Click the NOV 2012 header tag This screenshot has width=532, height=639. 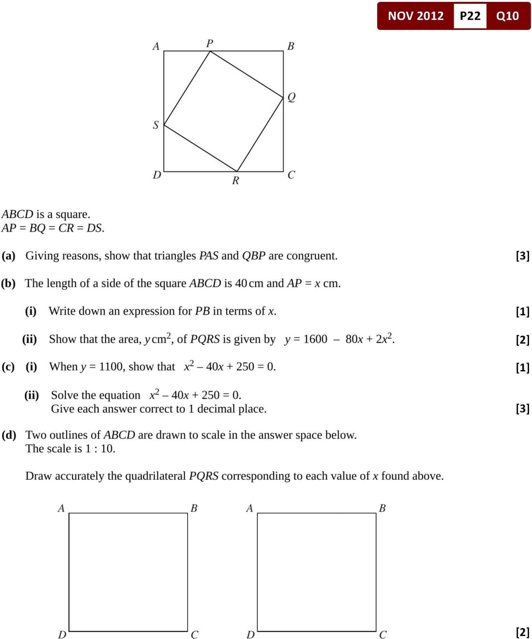tap(415, 16)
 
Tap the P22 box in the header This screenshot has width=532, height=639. tap(470, 16)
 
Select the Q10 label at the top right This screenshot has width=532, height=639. tap(507, 16)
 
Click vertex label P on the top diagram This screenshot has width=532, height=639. tap(209, 44)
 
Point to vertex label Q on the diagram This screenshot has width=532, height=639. tap(291, 97)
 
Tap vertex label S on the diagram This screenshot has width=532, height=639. tap(156, 125)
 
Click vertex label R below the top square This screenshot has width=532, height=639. tap(236, 181)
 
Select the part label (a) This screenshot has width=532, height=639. tap(9, 256)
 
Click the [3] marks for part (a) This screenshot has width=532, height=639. tap(522, 256)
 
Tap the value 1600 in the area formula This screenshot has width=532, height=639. tap(315, 339)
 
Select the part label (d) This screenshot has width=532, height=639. tap(9, 435)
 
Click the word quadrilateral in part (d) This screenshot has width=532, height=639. tap(155, 476)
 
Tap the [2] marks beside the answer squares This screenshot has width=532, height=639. tap(522, 632)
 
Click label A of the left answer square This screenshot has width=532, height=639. tap(61, 508)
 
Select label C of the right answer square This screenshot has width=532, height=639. tap(383, 635)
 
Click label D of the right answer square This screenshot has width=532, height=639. tap(250, 635)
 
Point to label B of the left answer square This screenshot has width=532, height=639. tap(194, 508)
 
